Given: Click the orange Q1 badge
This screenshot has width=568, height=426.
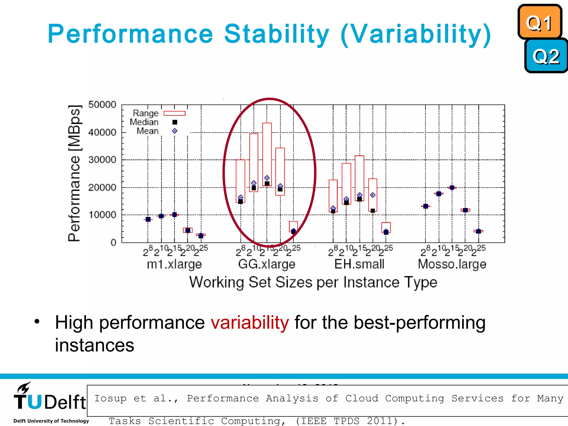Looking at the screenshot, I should [x=539, y=22].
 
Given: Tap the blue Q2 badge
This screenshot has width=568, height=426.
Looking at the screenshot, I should [x=546, y=56].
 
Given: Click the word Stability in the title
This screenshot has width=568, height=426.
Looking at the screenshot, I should [x=277, y=34].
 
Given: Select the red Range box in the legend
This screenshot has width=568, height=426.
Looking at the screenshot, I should [x=174, y=113].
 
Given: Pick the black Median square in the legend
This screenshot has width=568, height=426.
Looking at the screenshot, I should [x=175, y=122].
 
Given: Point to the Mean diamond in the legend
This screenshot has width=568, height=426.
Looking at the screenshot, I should [x=175, y=131].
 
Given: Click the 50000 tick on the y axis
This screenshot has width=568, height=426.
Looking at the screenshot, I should [x=102, y=105].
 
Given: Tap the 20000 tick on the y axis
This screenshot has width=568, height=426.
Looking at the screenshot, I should [x=102, y=187].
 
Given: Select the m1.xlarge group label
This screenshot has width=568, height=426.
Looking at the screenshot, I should [x=174, y=264].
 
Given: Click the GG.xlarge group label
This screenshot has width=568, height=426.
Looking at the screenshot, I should [x=267, y=264].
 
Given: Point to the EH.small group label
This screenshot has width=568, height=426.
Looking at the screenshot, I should [x=359, y=264].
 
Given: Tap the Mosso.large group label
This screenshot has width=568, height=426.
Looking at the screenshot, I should [x=452, y=264].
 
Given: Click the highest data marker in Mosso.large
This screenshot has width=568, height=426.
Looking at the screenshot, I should [x=452, y=188].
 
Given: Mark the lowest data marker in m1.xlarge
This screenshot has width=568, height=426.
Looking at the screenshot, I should [x=201, y=236].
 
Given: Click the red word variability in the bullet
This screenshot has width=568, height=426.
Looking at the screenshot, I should [x=250, y=323].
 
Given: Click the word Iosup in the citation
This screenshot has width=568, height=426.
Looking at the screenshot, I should [x=110, y=398].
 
